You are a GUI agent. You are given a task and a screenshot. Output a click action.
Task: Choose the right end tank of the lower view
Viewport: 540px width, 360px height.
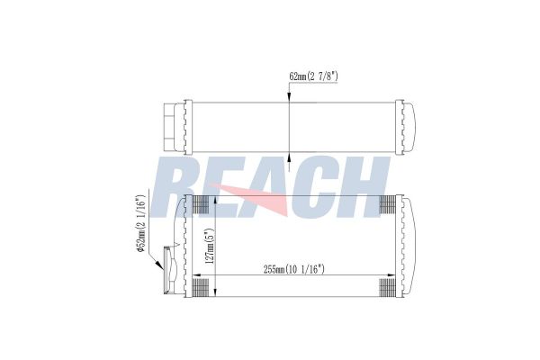pyautogui.click(x=409, y=246)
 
